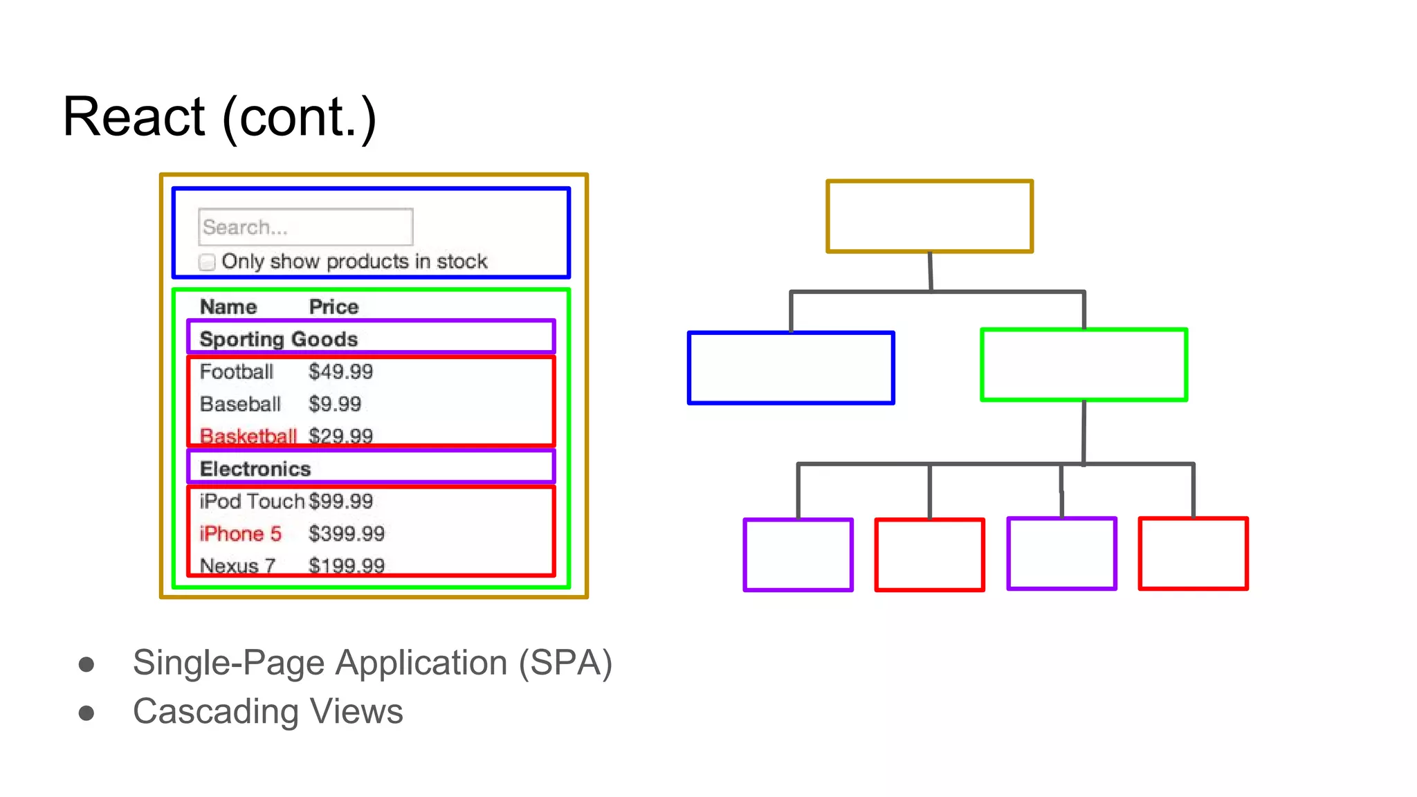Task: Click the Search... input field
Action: point(305,227)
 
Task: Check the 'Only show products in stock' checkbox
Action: point(207,262)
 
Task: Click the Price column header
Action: point(333,306)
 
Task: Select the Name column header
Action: point(228,306)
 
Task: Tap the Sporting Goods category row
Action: point(278,339)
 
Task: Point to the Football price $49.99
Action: point(340,372)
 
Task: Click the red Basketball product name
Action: point(248,436)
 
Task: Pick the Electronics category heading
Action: point(255,468)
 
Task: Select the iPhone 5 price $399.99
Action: point(346,533)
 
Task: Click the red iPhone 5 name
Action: point(240,533)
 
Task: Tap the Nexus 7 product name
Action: point(237,565)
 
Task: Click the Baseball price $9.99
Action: point(335,404)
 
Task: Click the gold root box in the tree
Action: point(929,217)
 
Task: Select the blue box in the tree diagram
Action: point(791,368)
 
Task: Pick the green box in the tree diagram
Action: point(1084,365)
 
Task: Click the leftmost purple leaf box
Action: point(798,555)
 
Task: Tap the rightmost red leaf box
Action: point(1193,553)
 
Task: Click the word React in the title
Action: point(134,117)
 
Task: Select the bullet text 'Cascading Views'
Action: point(268,711)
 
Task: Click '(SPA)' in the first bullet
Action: point(565,663)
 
